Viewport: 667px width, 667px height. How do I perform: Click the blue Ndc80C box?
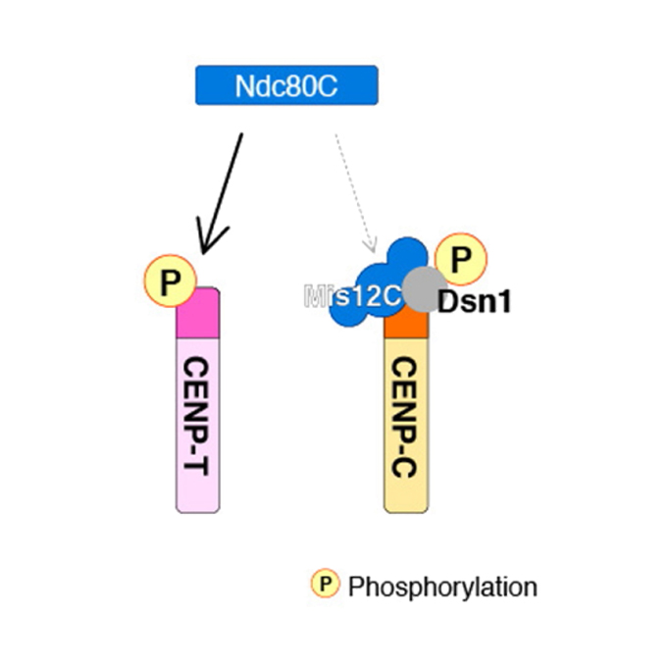coord(286,85)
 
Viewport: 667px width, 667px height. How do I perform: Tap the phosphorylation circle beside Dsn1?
coord(460,259)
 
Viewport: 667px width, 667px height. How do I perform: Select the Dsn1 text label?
coord(475,301)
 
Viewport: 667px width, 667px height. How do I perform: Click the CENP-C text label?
coord(406,418)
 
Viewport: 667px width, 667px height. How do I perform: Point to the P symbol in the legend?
coord(325,586)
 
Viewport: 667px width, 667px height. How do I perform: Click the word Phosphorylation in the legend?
coord(442,587)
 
